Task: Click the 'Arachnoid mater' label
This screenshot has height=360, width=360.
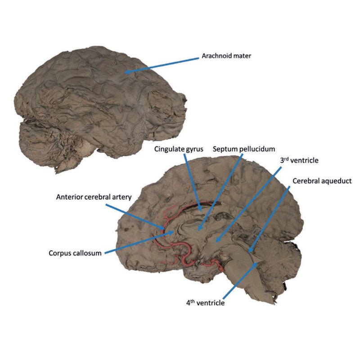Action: pyautogui.click(x=226, y=56)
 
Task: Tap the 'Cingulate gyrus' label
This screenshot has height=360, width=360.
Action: pyautogui.click(x=179, y=149)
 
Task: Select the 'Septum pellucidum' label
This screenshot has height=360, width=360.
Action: pyautogui.click(x=244, y=149)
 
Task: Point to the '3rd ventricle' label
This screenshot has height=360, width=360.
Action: pyautogui.click(x=299, y=160)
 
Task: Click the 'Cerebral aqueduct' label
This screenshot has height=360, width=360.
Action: pyautogui.click(x=322, y=181)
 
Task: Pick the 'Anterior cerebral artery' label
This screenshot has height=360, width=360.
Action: pyautogui.click(x=94, y=197)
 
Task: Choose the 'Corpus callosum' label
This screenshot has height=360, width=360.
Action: pyautogui.click(x=75, y=253)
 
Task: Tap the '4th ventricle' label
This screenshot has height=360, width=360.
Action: pyautogui.click(x=205, y=303)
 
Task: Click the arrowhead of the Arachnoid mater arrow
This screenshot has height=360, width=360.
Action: pyautogui.click(x=125, y=72)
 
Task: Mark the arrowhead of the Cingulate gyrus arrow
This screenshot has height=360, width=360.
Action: pyautogui.click(x=201, y=211)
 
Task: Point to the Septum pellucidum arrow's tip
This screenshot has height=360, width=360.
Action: pyautogui.click(x=199, y=230)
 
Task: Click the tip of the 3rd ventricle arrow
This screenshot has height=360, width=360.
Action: pyautogui.click(x=216, y=242)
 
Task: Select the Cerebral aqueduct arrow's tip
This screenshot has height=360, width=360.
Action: pyautogui.click(x=250, y=252)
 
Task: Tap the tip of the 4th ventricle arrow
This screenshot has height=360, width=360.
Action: pyautogui.click(x=257, y=263)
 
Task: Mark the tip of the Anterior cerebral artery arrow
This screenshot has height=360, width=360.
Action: pyautogui.click(x=164, y=229)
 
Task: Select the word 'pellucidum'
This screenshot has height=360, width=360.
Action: pyautogui.click(x=257, y=149)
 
